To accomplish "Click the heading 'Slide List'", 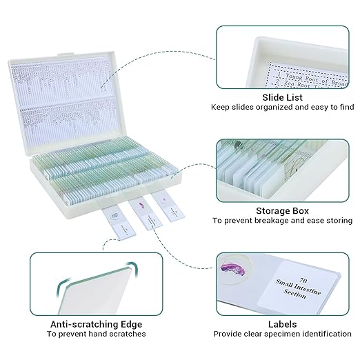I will [283, 97].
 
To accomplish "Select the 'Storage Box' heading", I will [283, 210].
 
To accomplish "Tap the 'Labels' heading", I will [283, 323].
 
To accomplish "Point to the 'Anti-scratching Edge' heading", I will [96, 323].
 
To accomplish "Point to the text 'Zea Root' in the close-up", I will [303, 79].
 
